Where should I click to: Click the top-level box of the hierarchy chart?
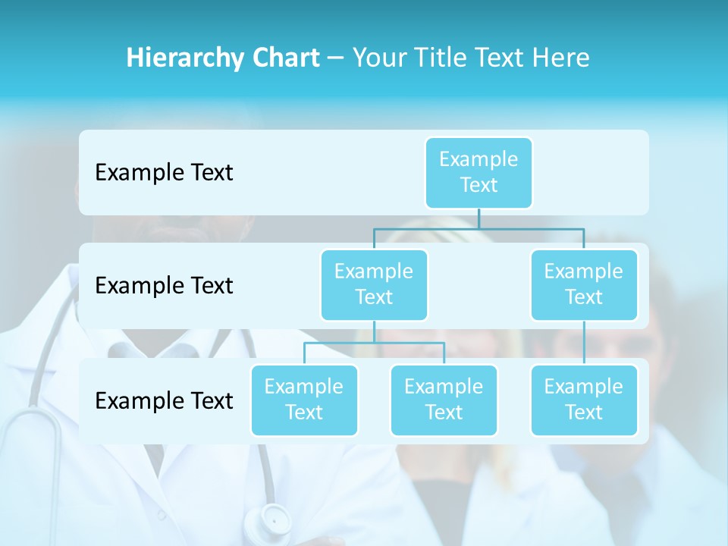[479, 172]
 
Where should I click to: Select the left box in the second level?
[374, 284]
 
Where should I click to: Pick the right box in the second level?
[584, 284]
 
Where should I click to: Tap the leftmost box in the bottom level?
[304, 400]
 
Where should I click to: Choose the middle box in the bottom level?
[444, 400]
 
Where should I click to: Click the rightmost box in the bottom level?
[584, 400]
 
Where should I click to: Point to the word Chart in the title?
[286, 58]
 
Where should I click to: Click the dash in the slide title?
[336, 58]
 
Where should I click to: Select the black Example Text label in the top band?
[164, 172]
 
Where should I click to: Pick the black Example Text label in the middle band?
[164, 285]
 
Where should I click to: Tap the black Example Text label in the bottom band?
[164, 400]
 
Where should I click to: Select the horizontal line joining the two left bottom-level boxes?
[374, 343]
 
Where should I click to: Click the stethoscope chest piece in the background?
[275, 520]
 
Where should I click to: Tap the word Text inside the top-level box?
[479, 185]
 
